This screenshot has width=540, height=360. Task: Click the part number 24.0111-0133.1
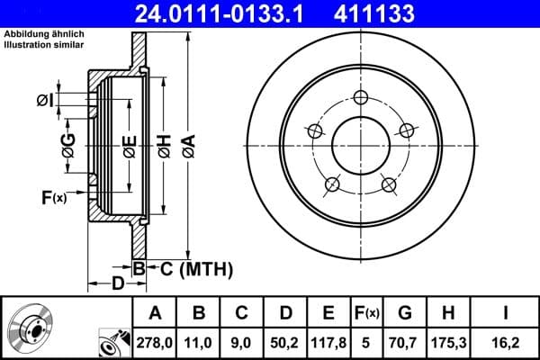click(x=235, y=13)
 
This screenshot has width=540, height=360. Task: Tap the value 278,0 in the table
click(x=155, y=343)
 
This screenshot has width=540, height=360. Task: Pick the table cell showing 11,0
click(x=200, y=343)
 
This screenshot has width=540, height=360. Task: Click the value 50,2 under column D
click(x=285, y=343)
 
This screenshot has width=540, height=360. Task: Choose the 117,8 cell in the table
click(x=328, y=343)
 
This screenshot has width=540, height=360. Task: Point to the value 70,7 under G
click(x=405, y=343)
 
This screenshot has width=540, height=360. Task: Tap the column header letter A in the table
click(x=155, y=313)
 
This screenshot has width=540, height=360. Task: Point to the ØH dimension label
click(x=164, y=145)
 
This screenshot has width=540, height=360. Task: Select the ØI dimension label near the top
click(x=47, y=100)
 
